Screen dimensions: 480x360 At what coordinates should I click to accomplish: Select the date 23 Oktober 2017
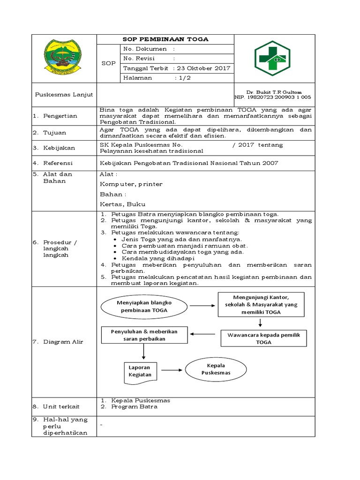pos(205,68)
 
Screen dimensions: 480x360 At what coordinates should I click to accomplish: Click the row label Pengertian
pos(60,116)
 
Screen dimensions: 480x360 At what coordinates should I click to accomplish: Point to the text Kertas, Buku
pos(123,204)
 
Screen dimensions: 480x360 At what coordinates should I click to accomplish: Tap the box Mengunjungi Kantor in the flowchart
pos(261,305)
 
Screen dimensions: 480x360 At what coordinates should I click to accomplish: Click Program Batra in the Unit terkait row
pos(134,406)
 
